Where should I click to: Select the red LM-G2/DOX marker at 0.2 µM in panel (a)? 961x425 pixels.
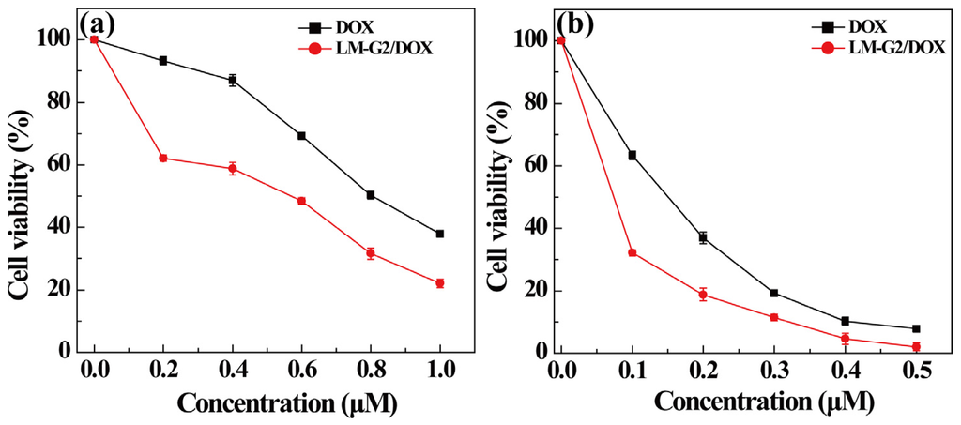163,158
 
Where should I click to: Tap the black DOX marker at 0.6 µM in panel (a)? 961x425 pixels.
301,136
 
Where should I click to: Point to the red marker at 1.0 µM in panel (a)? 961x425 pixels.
439,282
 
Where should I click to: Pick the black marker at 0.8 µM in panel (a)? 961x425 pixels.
371,195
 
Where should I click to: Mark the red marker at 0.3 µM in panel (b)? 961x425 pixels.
748,317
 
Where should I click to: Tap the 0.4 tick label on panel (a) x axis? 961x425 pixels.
233,372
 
